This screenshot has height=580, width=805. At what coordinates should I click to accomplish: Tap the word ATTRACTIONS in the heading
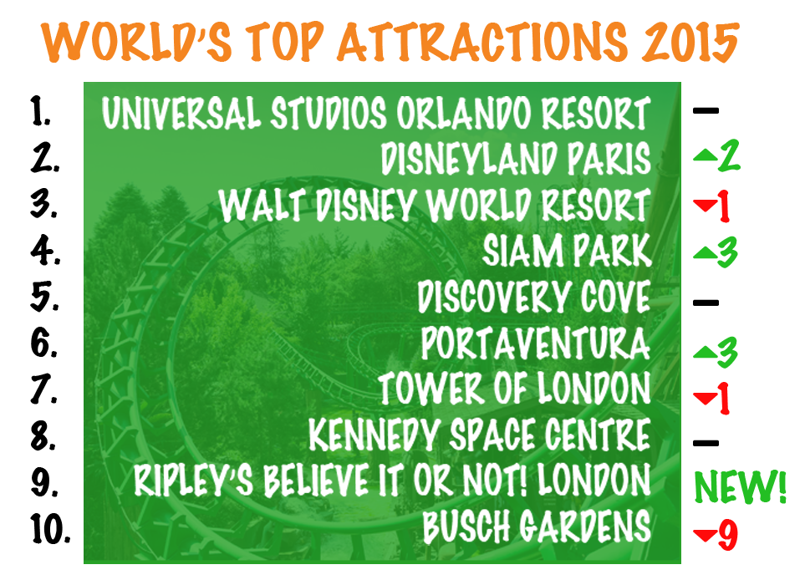click(x=482, y=42)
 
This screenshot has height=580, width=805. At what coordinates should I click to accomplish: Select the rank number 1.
click(x=41, y=111)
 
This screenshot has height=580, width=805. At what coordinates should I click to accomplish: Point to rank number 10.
click(x=50, y=528)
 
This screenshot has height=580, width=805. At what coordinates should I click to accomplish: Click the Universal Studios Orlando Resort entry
click(x=376, y=113)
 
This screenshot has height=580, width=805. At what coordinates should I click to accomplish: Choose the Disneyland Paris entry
click(x=516, y=158)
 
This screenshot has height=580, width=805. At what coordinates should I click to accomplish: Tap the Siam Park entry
click(x=567, y=251)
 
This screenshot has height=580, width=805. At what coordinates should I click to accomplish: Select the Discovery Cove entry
click(x=534, y=297)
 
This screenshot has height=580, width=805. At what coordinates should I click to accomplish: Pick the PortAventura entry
click(x=536, y=343)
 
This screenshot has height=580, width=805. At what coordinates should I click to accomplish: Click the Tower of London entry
click(x=515, y=389)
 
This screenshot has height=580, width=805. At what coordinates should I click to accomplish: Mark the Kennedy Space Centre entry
click(x=480, y=435)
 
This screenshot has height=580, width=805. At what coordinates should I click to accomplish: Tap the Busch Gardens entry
click(x=537, y=527)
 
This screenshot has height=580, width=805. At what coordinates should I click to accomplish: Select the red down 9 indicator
click(x=716, y=534)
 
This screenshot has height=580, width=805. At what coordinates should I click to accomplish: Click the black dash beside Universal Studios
click(x=706, y=110)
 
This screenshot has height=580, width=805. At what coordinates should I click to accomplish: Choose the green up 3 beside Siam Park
click(x=716, y=252)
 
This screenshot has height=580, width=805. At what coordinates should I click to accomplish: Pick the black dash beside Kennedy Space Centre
click(x=706, y=442)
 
